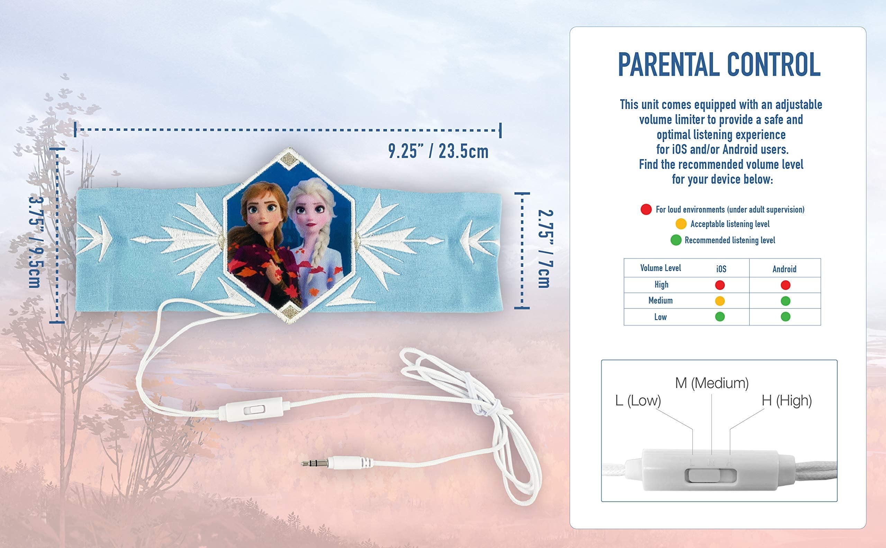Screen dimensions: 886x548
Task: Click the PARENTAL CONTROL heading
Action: (x=719, y=64)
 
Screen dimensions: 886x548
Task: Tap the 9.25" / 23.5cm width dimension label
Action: (x=438, y=151)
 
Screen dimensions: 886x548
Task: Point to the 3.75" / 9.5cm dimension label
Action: (x=35, y=241)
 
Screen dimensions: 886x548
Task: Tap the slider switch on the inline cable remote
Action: (x=254, y=410)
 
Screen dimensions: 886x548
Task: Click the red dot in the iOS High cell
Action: (x=720, y=285)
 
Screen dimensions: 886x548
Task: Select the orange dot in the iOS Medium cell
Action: (x=720, y=301)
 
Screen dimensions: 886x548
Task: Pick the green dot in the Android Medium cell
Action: (x=785, y=301)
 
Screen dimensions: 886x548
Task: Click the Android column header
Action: (x=784, y=269)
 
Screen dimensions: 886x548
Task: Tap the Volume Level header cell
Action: (x=660, y=268)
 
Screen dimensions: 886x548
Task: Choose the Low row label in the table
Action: (x=660, y=317)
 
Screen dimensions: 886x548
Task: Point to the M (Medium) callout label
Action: (x=712, y=383)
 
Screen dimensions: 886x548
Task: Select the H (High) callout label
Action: (x=787, y=401)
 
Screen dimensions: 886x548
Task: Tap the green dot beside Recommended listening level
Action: (x=676, y=240)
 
